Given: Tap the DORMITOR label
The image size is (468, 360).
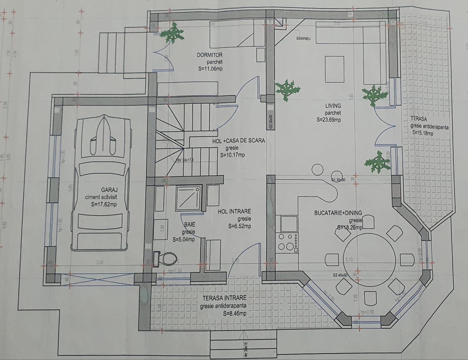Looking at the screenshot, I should tap(209, 55).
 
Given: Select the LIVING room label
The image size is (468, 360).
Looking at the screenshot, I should tap(333, 105).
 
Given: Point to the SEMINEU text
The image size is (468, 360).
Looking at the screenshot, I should tap(304, 38).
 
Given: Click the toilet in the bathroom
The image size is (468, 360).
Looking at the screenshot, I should tap(166, 259).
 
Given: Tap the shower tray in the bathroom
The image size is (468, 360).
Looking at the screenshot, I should tap(188, 198).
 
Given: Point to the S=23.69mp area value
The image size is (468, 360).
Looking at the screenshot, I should tap(328, 120).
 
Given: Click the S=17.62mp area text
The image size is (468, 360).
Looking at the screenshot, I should tap(104, 205).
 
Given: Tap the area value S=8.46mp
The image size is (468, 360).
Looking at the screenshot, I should tap(234, 314).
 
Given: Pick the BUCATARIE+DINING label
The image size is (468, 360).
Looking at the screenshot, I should tap(338, 213).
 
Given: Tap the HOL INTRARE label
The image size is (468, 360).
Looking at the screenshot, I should tap(234, 211).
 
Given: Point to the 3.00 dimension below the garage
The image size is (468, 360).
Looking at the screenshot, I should tap(99, 262).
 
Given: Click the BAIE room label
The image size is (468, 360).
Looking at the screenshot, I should tap(190, 225).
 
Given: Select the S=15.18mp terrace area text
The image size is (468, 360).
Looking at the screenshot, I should tap(422, 133).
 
